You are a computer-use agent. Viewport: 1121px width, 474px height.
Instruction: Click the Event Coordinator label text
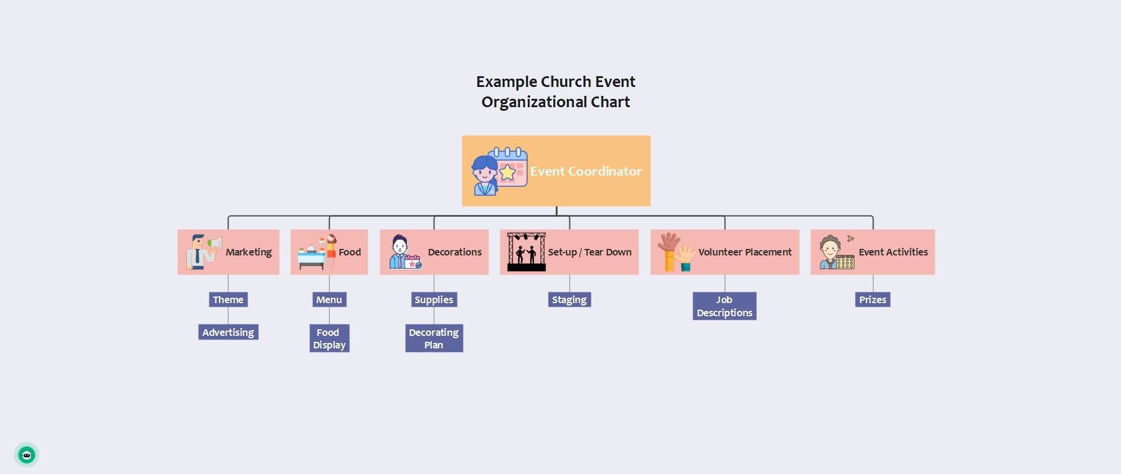click(x=585, y=171)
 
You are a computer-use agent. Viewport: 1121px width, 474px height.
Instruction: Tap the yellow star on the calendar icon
click(x=508, y=173)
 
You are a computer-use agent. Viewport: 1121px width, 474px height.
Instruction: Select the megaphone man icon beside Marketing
click(x=202, y=251)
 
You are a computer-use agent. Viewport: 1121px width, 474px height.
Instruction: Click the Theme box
click(x=228, y=300)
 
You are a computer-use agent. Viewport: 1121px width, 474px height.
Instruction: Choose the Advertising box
click(x=228, y=332)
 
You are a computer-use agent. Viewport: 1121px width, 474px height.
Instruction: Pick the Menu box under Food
click(x=329, y=300)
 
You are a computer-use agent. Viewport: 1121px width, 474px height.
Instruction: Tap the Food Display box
click(x=329, y=338)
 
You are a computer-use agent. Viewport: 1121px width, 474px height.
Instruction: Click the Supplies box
click(x=434, y=300)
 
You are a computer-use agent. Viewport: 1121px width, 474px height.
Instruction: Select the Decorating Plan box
click(x=434, y=338)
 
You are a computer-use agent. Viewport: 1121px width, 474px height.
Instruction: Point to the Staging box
click(x=569, y=300)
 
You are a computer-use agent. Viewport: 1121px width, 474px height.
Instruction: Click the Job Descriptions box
click(x=724, y=306)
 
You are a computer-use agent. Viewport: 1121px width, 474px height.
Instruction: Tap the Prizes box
click(x=872, y=300)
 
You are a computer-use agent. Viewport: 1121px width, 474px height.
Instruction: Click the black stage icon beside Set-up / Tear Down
click(x=526, y=252)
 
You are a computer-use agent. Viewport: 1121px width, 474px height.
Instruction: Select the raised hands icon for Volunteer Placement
click(x=677, y=252)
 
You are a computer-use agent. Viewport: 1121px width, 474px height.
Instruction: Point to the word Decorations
click(x=455, y=252)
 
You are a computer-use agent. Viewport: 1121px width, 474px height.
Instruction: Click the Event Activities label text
click(x=893, y=252)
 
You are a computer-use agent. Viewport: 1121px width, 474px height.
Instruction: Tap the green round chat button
click(x=27, y=456)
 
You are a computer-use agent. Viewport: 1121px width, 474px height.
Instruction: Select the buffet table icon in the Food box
click(x=312, y=257)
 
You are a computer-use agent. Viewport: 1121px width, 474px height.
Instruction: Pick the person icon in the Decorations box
click(x=400, y=252)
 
